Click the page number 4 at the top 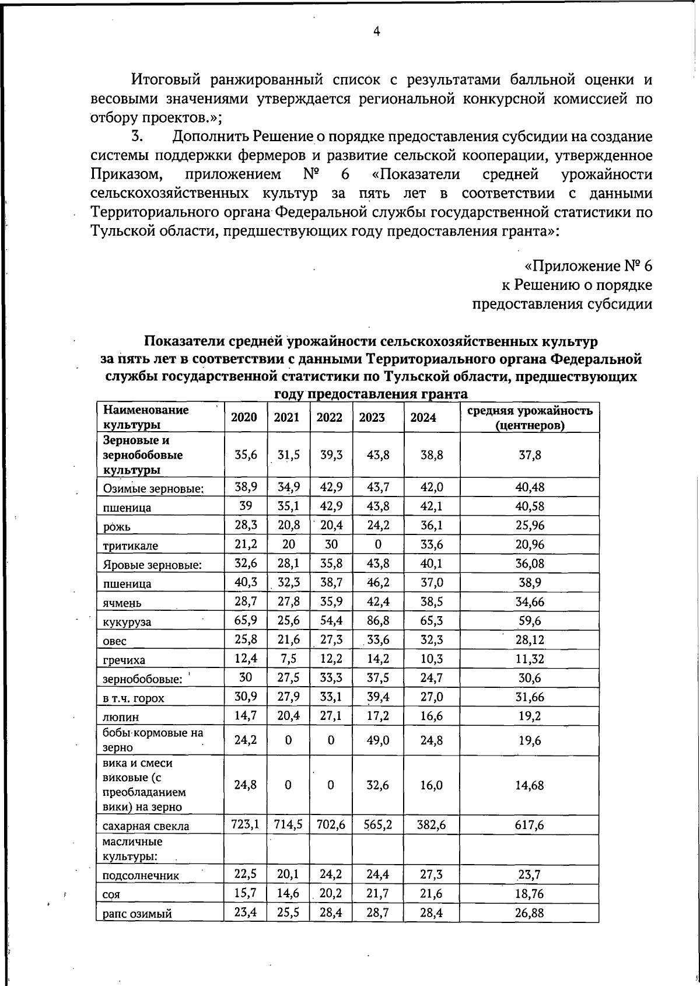[x=377, y=32]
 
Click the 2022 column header [x=330, y=418]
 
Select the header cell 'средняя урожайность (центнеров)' [x=530, y=418]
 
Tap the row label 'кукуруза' [x=127, y=622]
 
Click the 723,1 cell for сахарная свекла [x=246, y=824]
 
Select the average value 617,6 [x=530, y=824]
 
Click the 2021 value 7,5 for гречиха [x=288, y=659]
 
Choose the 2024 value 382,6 [x=432, y=824]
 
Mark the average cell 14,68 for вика [x=530, y=785]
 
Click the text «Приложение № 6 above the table [x=588, y=266]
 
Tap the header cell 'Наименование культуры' [x=146, y=418]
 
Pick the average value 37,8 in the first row [x=530, y=455]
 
